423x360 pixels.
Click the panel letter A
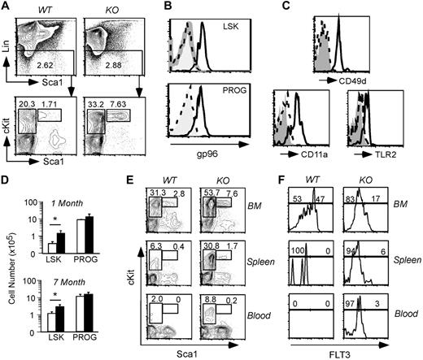point(6,6)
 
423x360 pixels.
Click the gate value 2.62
point(46,65)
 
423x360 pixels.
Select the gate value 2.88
point(113,65)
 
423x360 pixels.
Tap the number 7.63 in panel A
point(118,104)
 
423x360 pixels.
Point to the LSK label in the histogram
point(231,26)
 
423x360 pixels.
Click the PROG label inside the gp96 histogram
point(235,90)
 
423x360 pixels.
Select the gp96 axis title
point(207,154)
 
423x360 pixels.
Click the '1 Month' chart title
point(68,203)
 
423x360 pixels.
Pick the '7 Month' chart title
point(69,282)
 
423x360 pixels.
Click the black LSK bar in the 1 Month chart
point(61,243)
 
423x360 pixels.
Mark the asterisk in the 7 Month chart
point(55,295)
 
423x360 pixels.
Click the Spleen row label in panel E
point(260,262)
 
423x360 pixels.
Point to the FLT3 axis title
point(339,354)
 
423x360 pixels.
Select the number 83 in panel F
point(351,199)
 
